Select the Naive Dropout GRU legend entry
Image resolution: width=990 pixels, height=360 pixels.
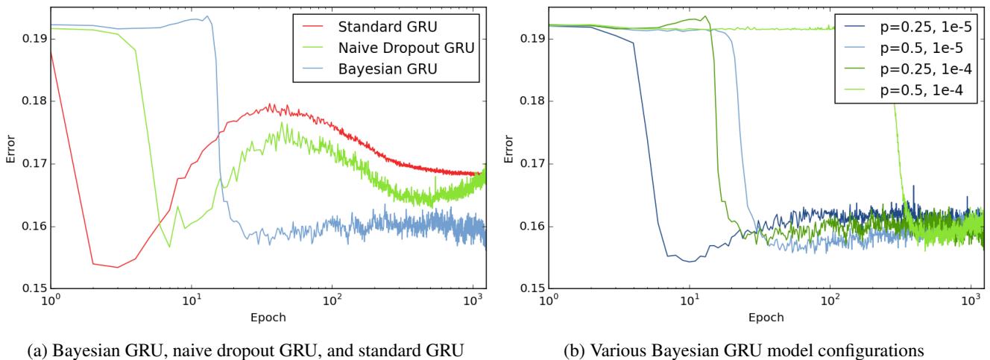(x=407, y=49)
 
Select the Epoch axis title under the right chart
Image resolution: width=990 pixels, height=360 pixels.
(x=766, y=316)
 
